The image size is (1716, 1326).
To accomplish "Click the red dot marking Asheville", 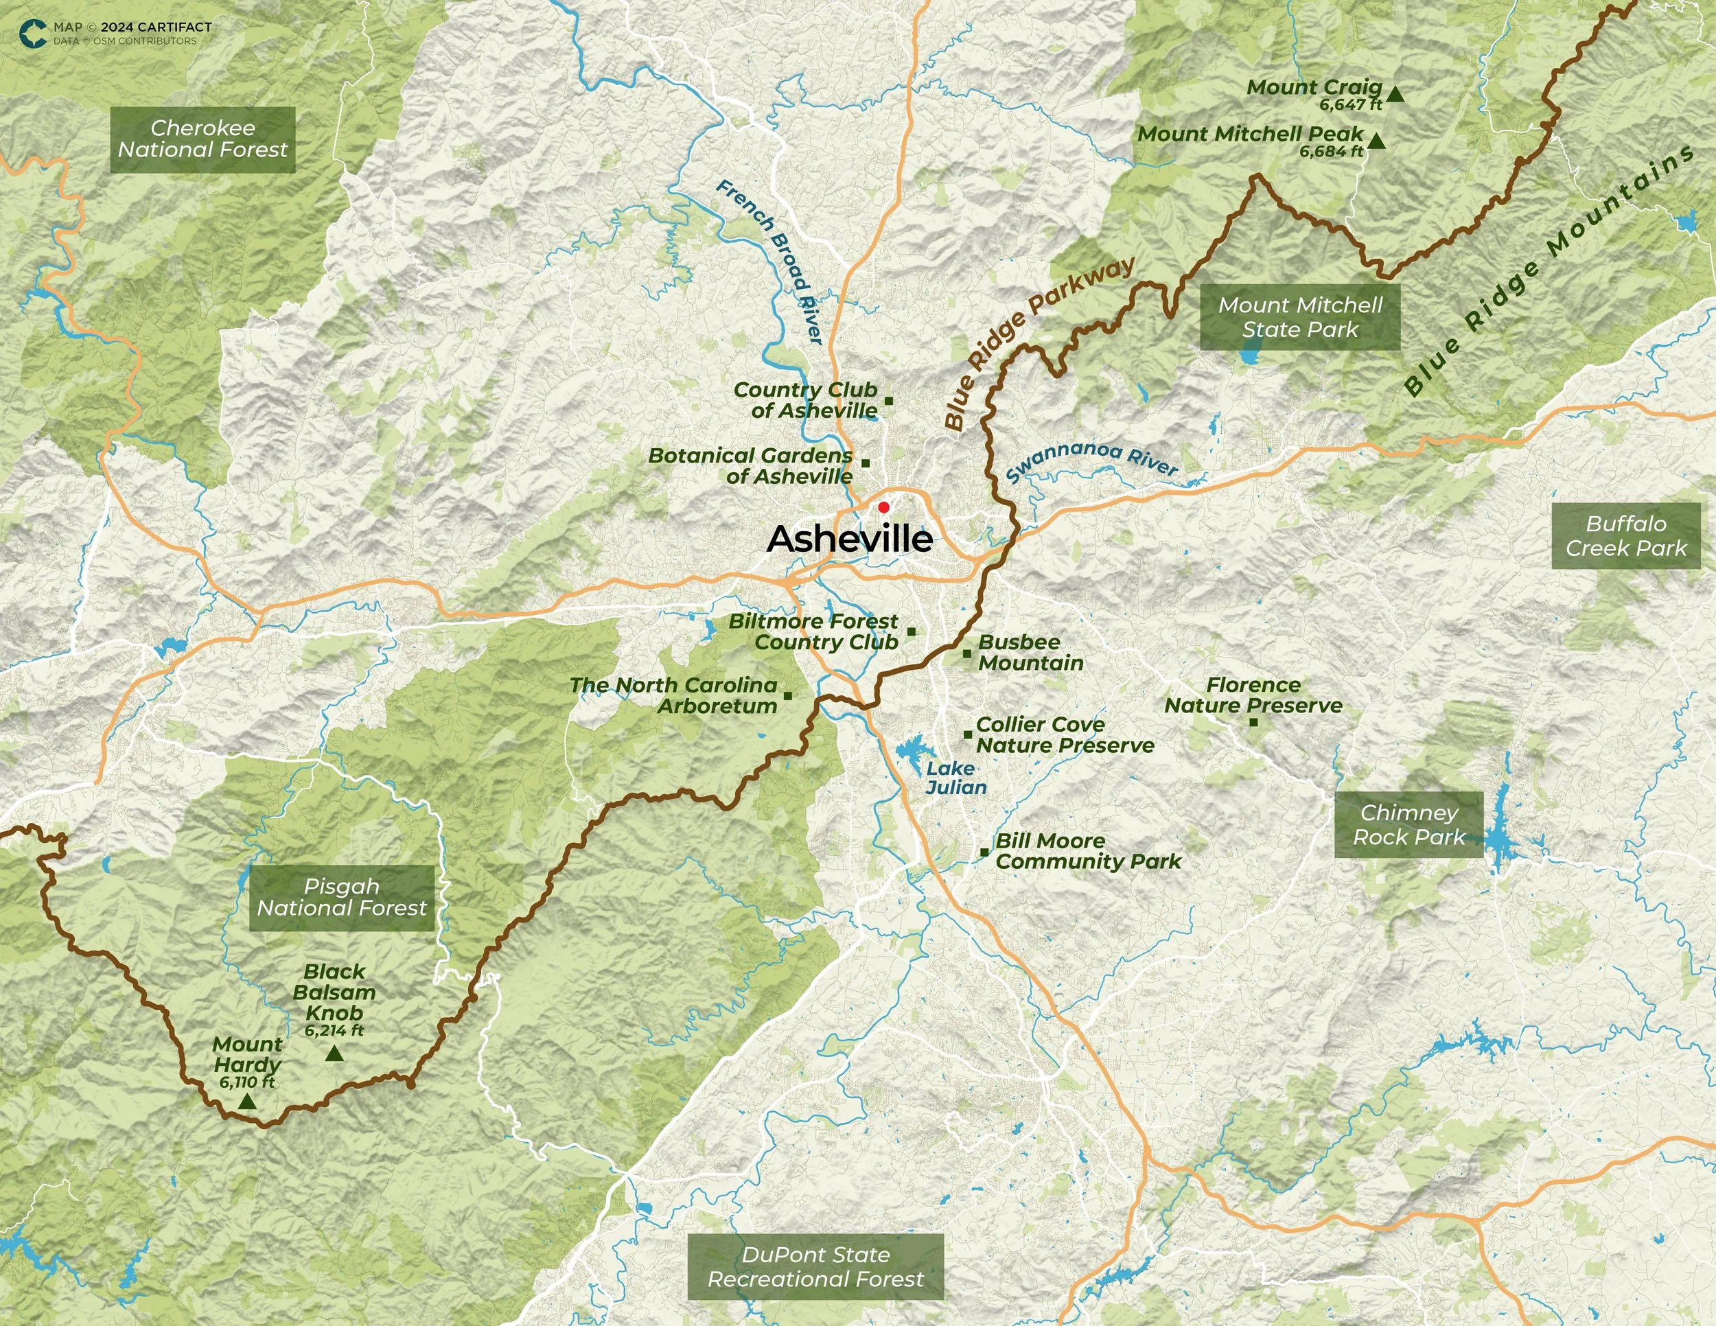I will point(883,507).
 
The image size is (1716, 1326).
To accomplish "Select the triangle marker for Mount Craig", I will point(1395,94).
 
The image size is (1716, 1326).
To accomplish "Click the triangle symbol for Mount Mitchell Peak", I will point(1376,141).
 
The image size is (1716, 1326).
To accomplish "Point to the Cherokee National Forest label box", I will point(202,139).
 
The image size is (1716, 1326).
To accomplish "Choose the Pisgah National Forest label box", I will point(342,897).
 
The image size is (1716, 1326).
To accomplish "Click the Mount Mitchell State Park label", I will point(1299,316).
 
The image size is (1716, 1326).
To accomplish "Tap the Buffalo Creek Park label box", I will point(1625,536).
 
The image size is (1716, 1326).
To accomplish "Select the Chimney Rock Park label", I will point(1408,824).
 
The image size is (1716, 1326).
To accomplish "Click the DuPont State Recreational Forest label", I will point(815,1266).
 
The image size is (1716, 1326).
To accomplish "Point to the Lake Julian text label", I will point(955,778).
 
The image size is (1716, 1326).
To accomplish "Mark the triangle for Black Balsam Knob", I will point(334,1054).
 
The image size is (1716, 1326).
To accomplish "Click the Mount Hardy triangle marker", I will point(248,1102).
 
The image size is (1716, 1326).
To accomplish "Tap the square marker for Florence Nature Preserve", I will point(1253,722).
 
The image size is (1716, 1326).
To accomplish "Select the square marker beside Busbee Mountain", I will point(966,653).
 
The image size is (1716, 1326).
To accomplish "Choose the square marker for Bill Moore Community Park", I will point(984,852).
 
